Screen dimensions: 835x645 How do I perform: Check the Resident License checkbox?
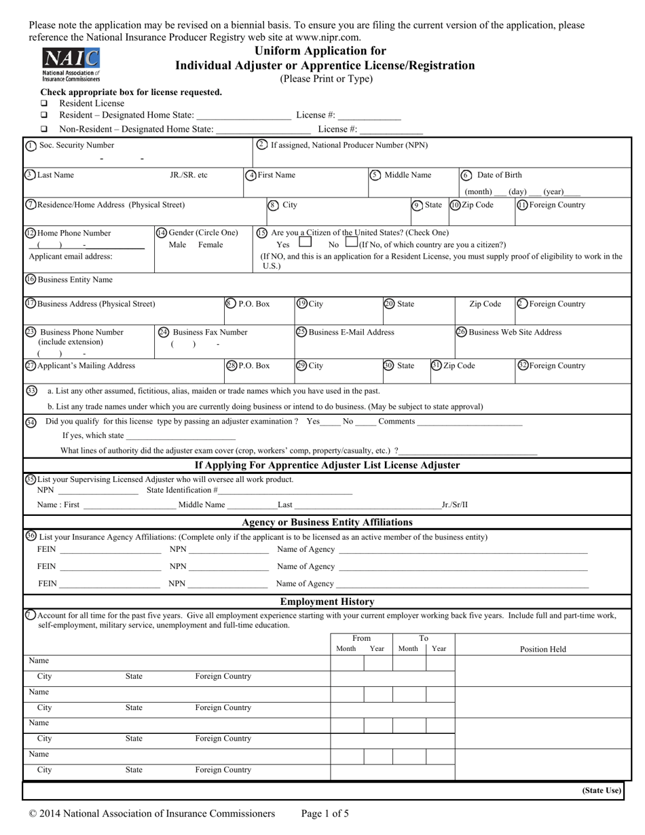pyautogui.click(x=45, y=103)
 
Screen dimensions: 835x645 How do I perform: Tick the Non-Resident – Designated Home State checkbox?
pyautogui.click(x=45, y=129)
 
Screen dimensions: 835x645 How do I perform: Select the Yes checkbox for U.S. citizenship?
pyautogui.click(x=305, y=242)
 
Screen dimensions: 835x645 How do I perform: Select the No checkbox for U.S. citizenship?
pyautogui.click(x=351, y=242)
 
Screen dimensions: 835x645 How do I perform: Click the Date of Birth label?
pyautogui.click(x=500, y=175)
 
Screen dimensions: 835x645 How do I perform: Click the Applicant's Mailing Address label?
pyautogui.click(x=86, y=366)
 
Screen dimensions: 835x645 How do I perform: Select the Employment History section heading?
pyautogui.click(x=327, y=601)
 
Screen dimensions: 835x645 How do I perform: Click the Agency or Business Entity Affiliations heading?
pyautogui.click(x=327, y=522)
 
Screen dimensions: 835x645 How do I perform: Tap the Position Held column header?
pyautogui.click(x=542, y=649)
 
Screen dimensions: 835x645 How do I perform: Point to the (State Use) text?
pyautogui.click(x=601, y=790)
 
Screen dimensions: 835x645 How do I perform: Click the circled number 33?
pyautogui.click(x=31, y=390)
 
